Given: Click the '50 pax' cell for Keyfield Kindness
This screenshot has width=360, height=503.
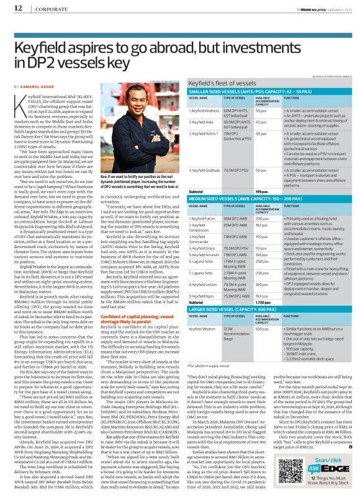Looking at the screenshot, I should (261, 110).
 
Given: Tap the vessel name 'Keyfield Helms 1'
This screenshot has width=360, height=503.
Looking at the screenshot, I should (202, 133).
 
